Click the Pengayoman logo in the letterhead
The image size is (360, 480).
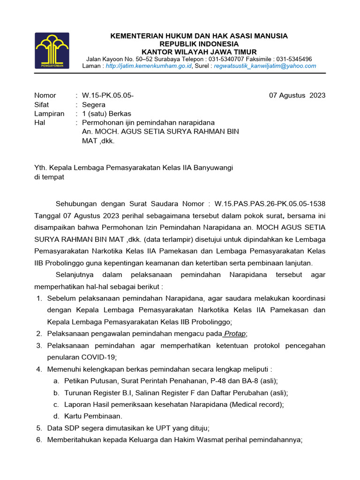[x=52, y=51]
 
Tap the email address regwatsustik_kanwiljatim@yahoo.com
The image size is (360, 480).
[x=265, y=66]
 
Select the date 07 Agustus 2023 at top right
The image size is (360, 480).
[x=297, y=96]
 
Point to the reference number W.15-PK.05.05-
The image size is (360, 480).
[x=108, y=96]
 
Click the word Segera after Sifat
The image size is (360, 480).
[x=94, y=105]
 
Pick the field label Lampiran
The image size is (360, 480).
[x=49, y=113]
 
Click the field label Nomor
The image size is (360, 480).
[x=45, y=96]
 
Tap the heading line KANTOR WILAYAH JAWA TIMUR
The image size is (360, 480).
[x=199, y=52]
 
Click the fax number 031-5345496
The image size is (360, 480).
[x=294, y=59]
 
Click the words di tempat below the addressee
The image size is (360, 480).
[x=49, y=177]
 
